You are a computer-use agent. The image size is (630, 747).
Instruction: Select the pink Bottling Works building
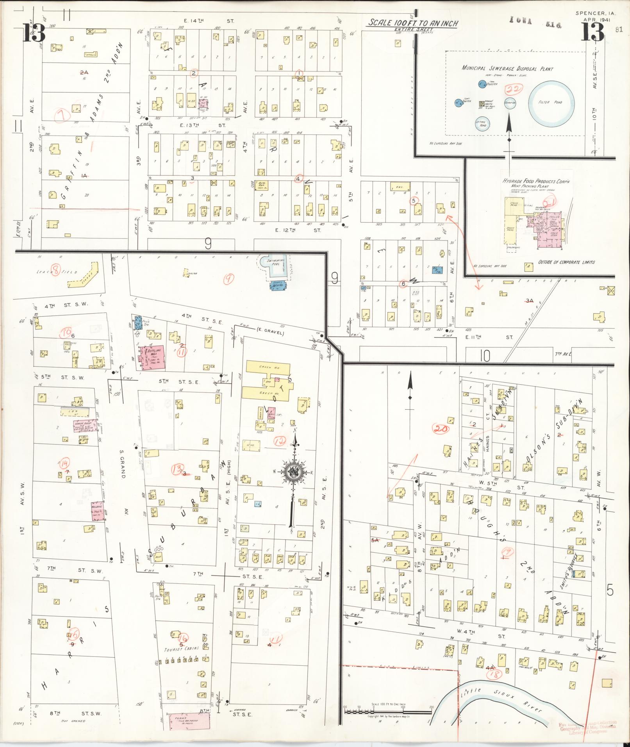(151, 356)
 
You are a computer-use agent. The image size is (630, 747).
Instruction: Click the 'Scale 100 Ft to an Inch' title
(412, 23)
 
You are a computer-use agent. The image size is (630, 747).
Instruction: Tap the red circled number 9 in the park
(228, 278)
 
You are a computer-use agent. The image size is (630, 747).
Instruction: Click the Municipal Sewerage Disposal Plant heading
(507, 68)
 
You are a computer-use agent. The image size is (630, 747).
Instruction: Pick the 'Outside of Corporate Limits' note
(566, 262)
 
